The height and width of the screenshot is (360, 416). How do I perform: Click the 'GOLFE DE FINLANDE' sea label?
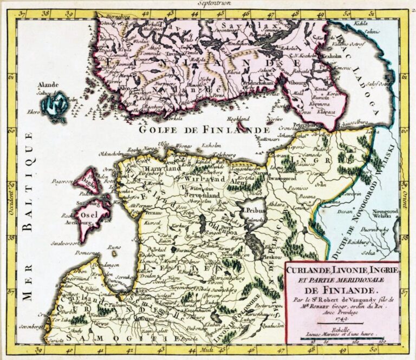pyautogui.click(x=204, y=130)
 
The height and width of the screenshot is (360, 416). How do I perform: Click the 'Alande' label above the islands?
pyautogui.click(x=48, y=85)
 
